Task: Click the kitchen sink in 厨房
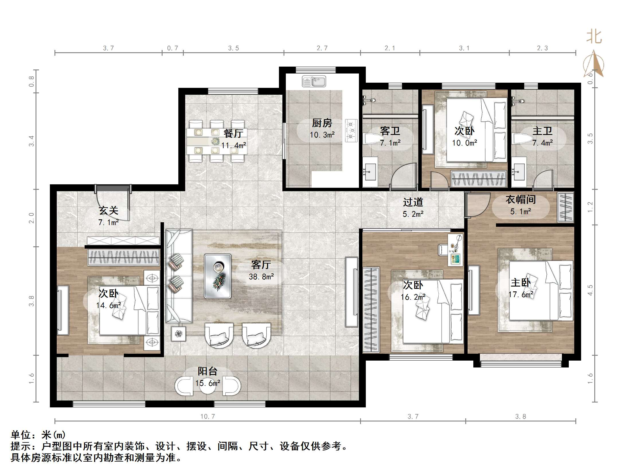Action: point(314,82)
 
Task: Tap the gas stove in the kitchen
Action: point(351,131)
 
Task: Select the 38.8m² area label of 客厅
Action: point(261,276)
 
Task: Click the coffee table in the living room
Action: point(218,276)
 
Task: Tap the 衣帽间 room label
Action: point(520,200)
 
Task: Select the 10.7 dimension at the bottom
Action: point(208,416)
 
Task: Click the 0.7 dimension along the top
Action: point(173,48)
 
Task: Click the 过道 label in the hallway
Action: point(413,202)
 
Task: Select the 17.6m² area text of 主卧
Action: point(521,295)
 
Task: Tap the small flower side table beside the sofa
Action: point(178,334)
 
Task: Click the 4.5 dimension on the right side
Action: point(590,290)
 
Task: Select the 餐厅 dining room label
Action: point(233,133)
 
